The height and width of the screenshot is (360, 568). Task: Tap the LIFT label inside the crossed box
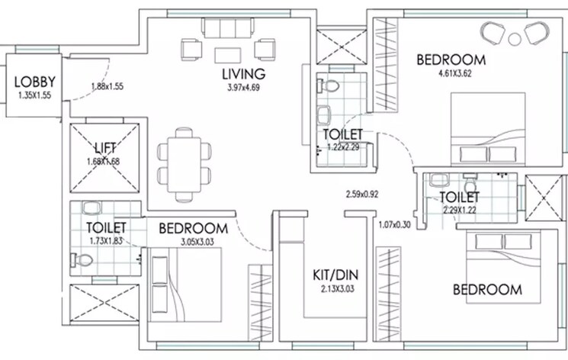click(x=104, y=147)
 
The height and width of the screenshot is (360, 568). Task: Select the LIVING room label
click(x=243, y=74)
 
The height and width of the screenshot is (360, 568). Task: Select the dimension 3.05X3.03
click(x=181, y=242)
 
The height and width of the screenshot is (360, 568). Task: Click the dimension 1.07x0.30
click(x=396, y=225)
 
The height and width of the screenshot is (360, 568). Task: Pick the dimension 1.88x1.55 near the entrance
click(x=107, y=87)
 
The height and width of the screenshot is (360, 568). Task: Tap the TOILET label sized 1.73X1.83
click(x=106, y=227)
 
